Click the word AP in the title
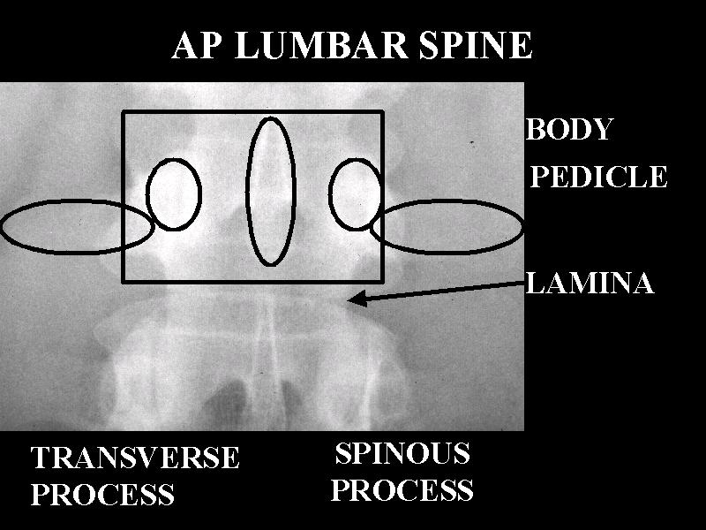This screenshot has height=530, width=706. coord(197,46)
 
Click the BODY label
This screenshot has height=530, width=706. coord(569,130)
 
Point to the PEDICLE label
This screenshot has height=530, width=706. coord(598,178)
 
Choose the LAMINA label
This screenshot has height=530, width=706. coord(590,284)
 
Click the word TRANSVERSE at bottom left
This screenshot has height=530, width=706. coord(135,458)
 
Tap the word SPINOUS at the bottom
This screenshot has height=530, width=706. coord(402,454)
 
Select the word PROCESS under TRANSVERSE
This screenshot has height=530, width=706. coord(102,495)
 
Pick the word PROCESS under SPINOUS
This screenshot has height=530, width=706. coord(402,490)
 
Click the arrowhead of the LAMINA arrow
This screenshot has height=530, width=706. coord(355,300)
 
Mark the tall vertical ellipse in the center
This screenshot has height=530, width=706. coord(270,191)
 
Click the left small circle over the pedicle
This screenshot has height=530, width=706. coord(173,194)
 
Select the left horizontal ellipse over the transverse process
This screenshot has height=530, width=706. coord(77,227)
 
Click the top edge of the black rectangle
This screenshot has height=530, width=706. coord(252,111)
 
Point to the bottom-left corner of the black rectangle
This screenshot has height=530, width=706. coord(123,282)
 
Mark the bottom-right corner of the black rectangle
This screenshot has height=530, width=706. coord(382,282)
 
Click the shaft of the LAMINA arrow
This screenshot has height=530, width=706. coord(441,291)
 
